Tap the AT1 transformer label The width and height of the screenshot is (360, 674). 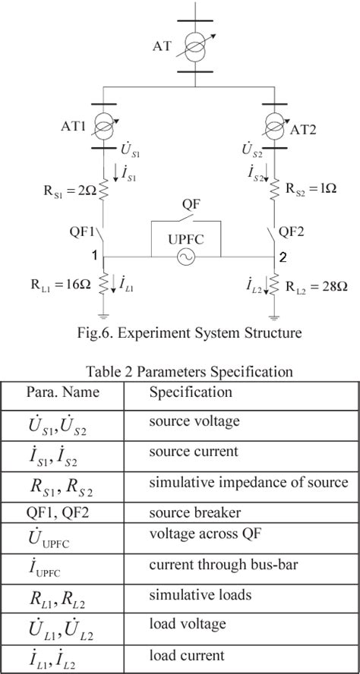tap(74, 126)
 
